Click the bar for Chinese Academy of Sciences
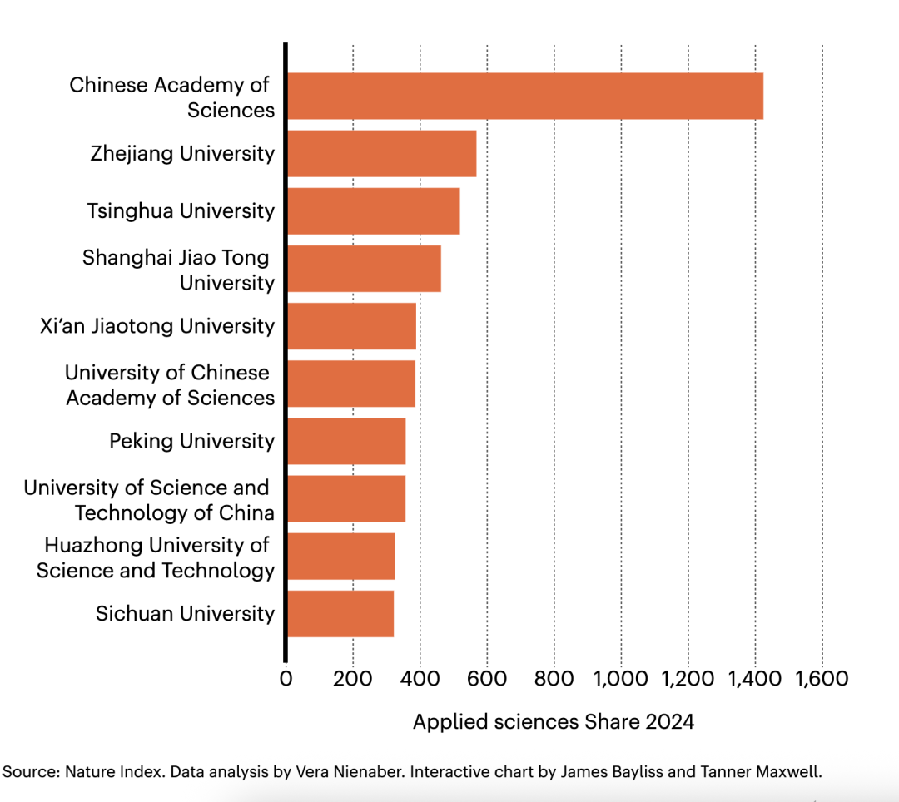pyautogui.click(x=524, y=97)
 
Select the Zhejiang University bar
pyautogui.click(x=381, y=154)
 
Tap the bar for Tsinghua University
pyautogui.click(x=373, y=211)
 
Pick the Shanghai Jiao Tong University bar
pyautogui.click(x=364, y=269)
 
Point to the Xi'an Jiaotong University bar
pyautogui.click(x=351, y=326)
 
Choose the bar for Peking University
pyautogui.click(x=346, y=441)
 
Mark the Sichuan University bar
pyautogui.click(x=340, y=614)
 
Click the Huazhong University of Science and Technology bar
pyautogui.click(x=340, y=557)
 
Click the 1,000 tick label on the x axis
pyautogui.click(x=621, y=678)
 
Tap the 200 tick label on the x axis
pyautogui.click(x=353, y=678)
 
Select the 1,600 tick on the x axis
pyautogui.click(x=822, y=678)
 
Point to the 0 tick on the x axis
pyautogui.click(x=286, y=678)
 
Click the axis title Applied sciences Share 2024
pyautogui.click(x=554, y=721)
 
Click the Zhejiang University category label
pyautogui.click(x=182, y=154)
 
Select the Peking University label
pyautogui.click(x=191, y=441)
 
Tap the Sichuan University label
pyautogui.click(x=185, y=614)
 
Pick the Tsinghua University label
pyautogui.click(x=181, y=211)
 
